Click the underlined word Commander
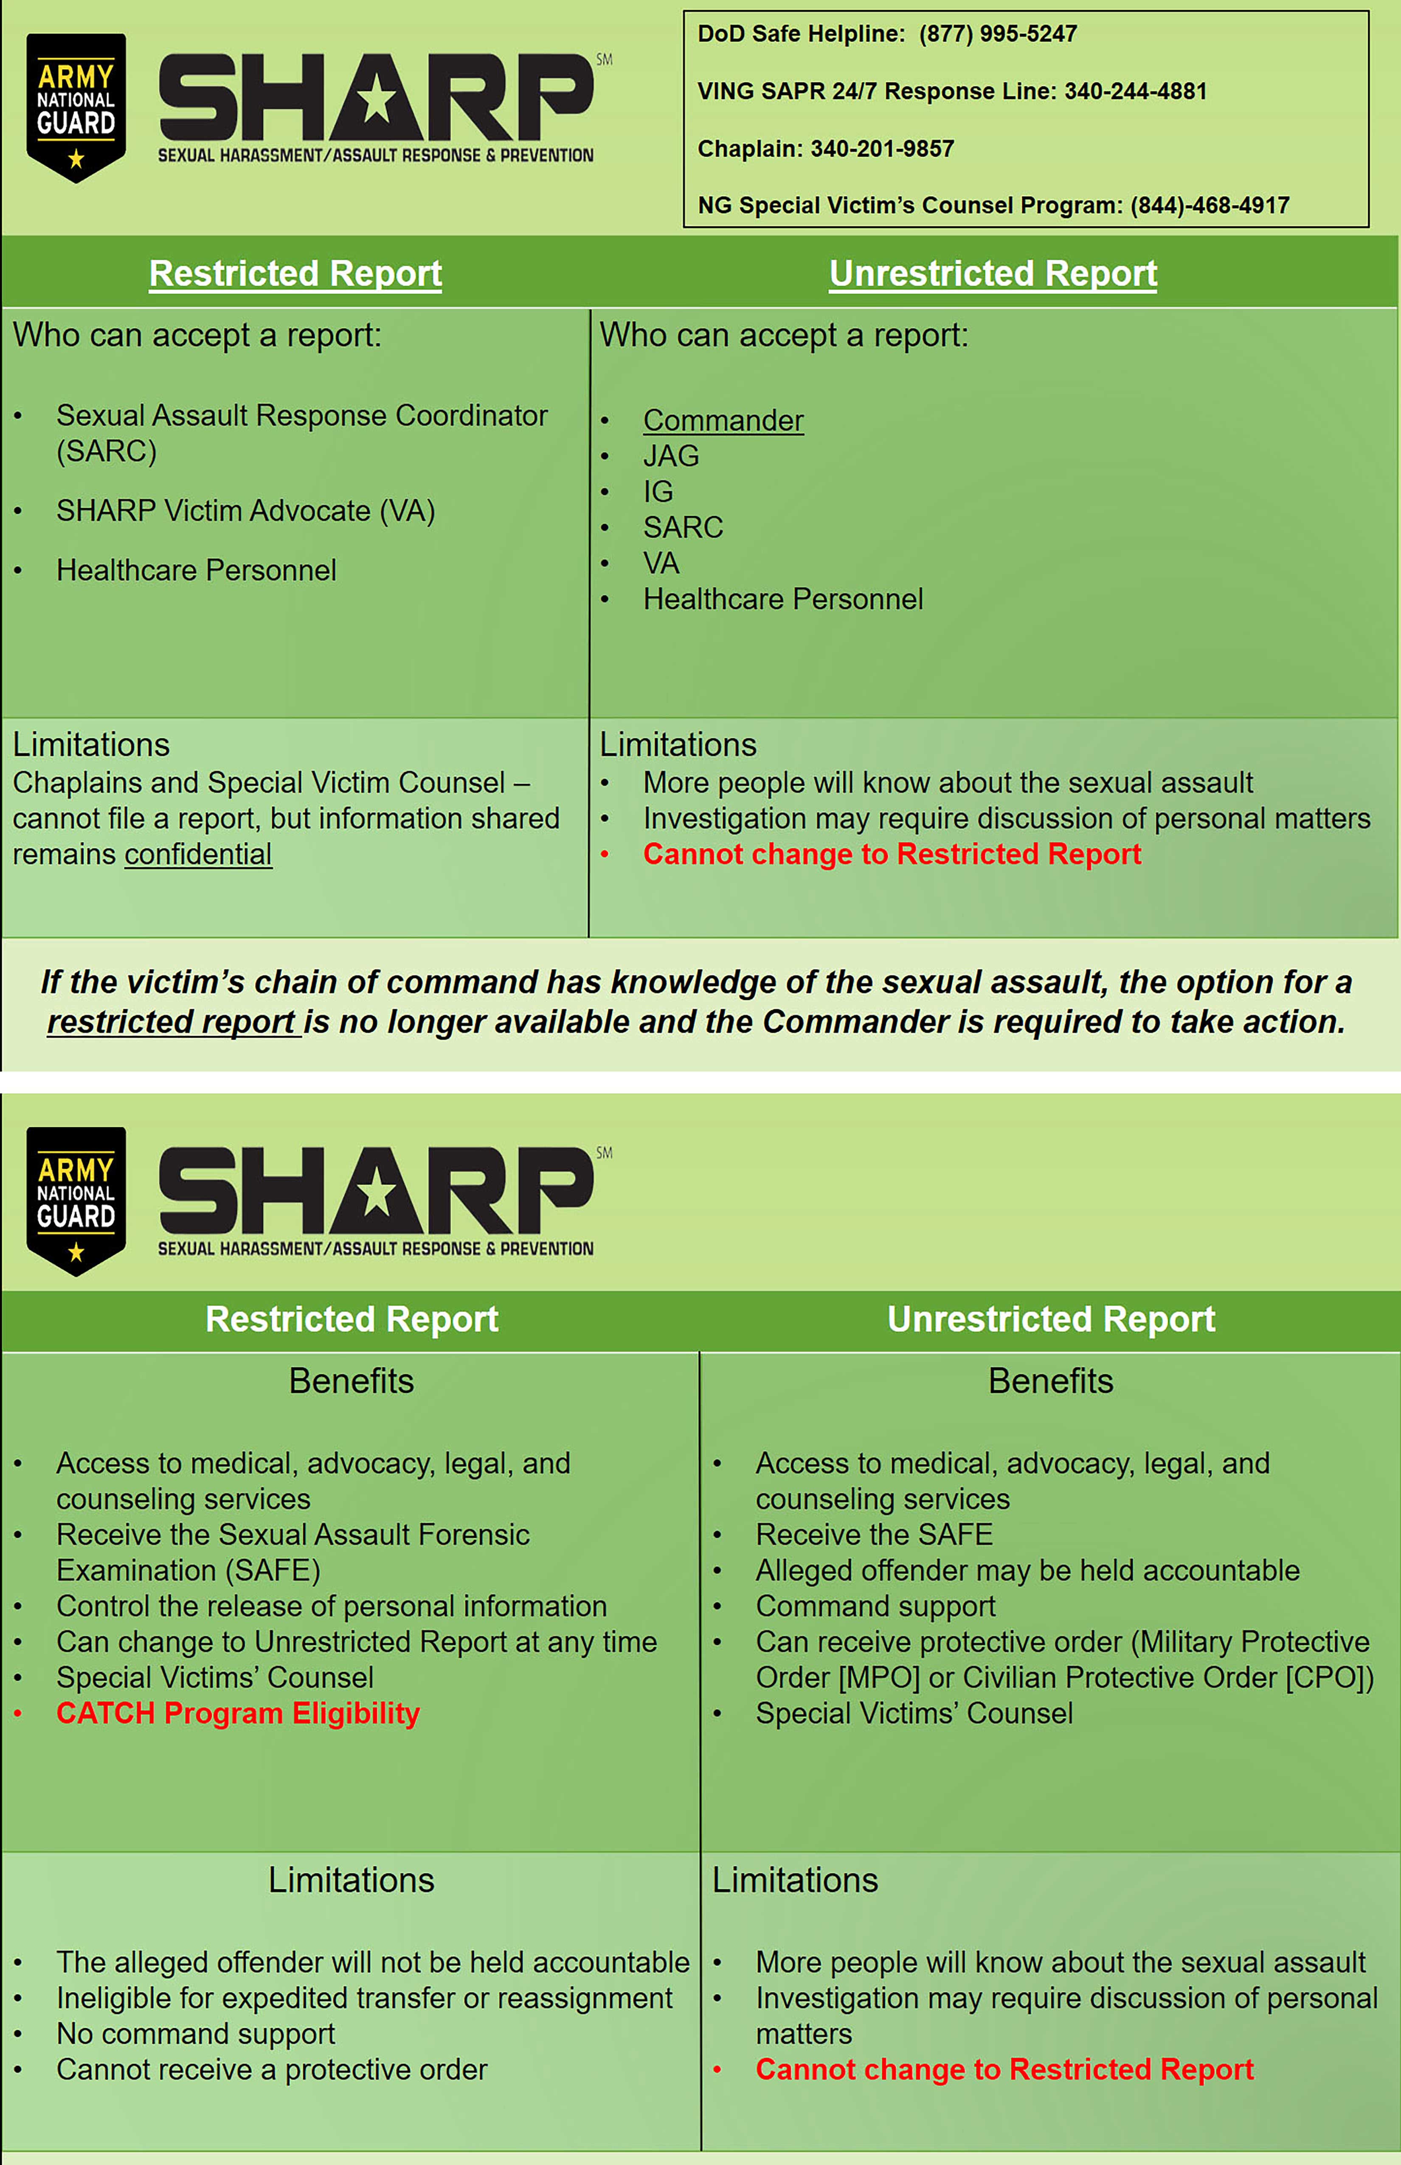tap(723, 420)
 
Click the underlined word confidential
tap(198, 854)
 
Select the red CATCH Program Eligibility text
tap(238, 1713)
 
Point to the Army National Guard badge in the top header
tap(76, 107)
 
